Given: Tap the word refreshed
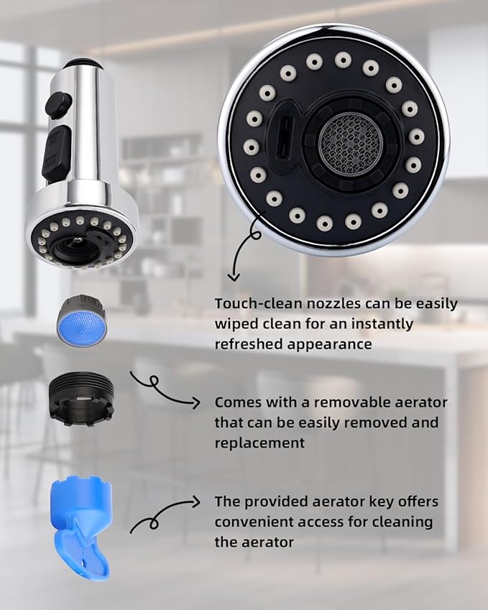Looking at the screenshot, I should click(x=249, y=343).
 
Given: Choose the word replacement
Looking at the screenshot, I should click(x=259, y=443).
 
